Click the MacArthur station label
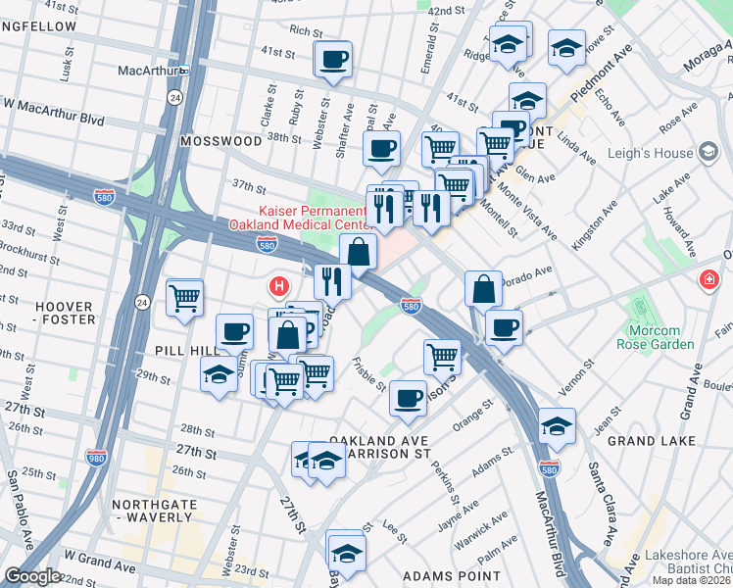pos(147,72)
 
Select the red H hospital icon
pos(279,286)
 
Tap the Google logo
pos(31,576)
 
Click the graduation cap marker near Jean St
pos(557,426)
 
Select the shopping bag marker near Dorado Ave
pos(483,290)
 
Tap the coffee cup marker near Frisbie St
pos(408,398)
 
